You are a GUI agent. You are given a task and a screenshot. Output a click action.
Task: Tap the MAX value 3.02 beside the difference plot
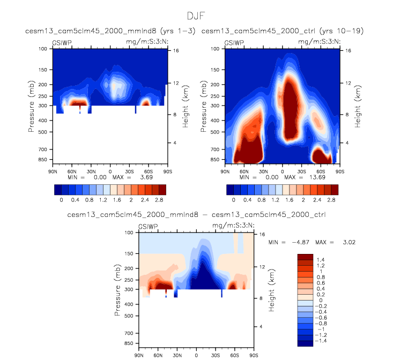pyautogui.click(x=348, y=242)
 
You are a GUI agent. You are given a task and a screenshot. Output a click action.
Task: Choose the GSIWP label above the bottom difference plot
pyautogui.click(x=149, y=227)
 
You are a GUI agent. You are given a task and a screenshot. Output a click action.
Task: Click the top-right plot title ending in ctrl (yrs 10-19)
pyautogui.click(x=283, y=31)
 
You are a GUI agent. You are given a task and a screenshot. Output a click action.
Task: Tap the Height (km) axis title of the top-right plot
pyautogui.click(x=358, y=106)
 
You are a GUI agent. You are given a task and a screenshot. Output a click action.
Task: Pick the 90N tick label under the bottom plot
pyautogui.click(x=138, y=355)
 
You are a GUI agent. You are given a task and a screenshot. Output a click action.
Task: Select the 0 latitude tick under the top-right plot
pyautogui.click(x=283, y=171)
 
